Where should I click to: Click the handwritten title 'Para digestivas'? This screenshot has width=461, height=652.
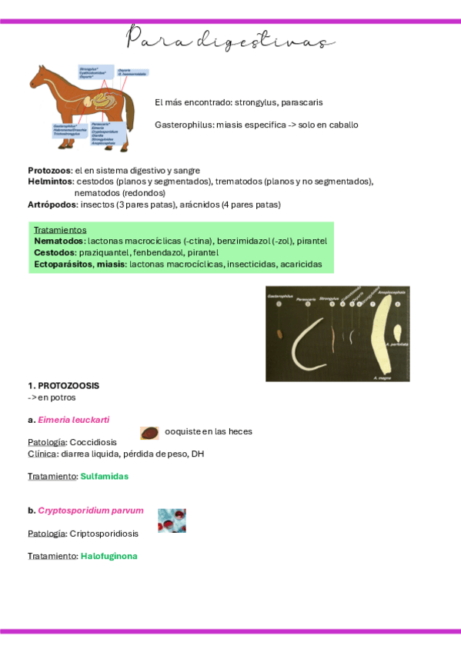(x=230, y=41)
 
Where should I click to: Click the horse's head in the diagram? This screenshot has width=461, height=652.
(x=38, y=78)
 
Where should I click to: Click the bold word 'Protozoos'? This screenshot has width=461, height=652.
(x=49, y=170)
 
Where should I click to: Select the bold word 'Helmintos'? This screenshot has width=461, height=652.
(x=51, y=181)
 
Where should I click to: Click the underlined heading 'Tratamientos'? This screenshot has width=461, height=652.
(x=60, y=229)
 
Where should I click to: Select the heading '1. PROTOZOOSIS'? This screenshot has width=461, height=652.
(x=63, y=385)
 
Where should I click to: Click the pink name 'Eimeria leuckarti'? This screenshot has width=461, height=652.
(x=73, y=420)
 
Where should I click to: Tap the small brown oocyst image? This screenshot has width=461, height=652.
(x=150, y=433)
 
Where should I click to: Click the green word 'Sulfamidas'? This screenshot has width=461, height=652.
(x=104, y=476)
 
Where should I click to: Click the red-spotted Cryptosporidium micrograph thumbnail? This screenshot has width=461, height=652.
(x=172, y=521)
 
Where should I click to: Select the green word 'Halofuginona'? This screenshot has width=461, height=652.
(x=109, y=555)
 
